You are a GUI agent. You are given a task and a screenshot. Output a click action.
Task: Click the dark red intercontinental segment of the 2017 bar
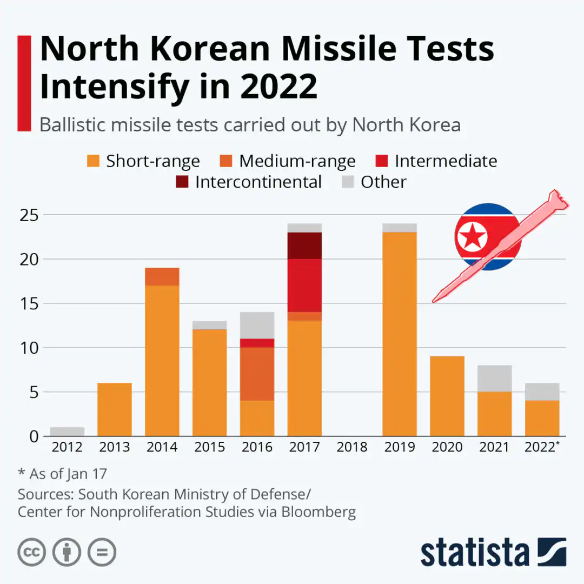point(304,245)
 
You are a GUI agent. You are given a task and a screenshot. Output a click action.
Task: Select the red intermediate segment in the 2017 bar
point(304,285)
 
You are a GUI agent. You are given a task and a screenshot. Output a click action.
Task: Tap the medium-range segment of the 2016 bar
point(257,374)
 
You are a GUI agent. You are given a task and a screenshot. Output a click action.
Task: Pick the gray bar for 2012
point(67,432)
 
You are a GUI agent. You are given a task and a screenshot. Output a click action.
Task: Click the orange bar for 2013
point(115,409)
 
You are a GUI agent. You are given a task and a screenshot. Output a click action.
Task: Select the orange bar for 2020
point(447,396)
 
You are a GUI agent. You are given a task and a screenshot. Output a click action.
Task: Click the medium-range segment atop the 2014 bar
point(162,276)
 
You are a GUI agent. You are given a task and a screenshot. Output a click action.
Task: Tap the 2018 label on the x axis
point(352,447)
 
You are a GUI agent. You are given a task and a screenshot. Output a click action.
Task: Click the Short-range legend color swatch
point(94,161)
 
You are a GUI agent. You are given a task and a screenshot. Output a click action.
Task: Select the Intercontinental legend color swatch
point(182,182)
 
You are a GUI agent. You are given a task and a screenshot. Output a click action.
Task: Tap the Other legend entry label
point(383,182)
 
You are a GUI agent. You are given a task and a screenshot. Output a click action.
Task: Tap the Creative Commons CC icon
point(31,552)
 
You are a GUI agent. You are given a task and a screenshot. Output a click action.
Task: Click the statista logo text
point(475,553)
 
